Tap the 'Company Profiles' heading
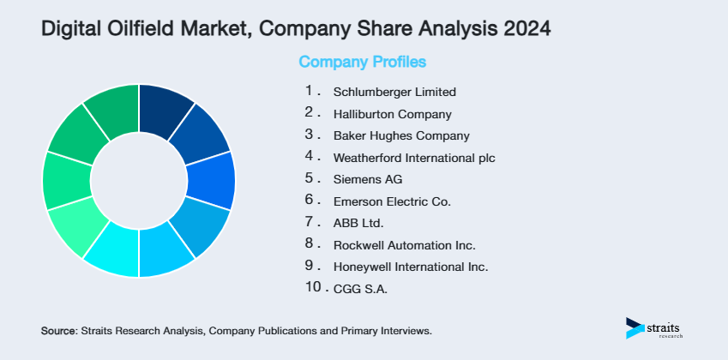pyautogui.click(x=362, y=62)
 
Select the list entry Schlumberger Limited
pyautogui.click(x=394, y=92)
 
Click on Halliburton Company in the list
pyautogui.click(x=392, y=113)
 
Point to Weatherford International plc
pyautogui.click(x=414, y=158)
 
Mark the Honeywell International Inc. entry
pyautogui.click(x=411, y=267)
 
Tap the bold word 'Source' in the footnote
pyautogui.click(x=58, y=330)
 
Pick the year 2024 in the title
pyautogui.click(x=525, y=27)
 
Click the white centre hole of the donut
pyautogui.click(x=138, y=181)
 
